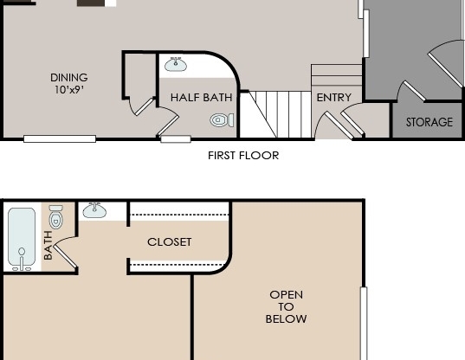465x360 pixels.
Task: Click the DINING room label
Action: click(x=69, y=78)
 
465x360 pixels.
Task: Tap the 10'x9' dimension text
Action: click(x=69, y=90)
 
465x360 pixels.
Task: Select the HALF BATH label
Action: click(x=201, y=98)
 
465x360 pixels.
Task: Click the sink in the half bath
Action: click(x=177, y=64)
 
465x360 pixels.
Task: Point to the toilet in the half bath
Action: click(x=221, y=120)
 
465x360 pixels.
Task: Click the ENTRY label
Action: click(x=333, y=98)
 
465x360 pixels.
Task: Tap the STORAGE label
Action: click(x=429, y=123)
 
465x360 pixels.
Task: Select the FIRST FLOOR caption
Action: click(x=243, y=156)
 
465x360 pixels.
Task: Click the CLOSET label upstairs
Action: click(x=170, y=242)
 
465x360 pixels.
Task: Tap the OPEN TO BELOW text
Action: click(x=286, y=307)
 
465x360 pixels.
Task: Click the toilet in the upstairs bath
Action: click(x=55, y=215)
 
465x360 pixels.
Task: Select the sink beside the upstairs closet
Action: click(x=94, y=210)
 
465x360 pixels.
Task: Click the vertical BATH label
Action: click(x=48, y=246)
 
